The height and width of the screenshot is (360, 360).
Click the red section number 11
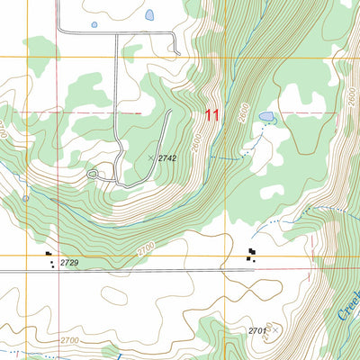[x=212, y=114]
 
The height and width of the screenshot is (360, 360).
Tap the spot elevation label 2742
[x=167, y=157]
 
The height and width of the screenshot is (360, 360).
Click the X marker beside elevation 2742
[x=151, y=157]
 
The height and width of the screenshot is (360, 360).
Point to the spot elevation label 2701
[x=257, y=331]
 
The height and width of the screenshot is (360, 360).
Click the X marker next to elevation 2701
[x=275, y=331]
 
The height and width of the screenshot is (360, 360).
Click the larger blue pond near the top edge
[x=148, y=15]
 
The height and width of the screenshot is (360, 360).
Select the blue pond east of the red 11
[x=266, y=117]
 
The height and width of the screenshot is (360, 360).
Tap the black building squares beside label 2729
[x=49, y=258]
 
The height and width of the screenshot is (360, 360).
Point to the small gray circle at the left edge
[x=26, y=197]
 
